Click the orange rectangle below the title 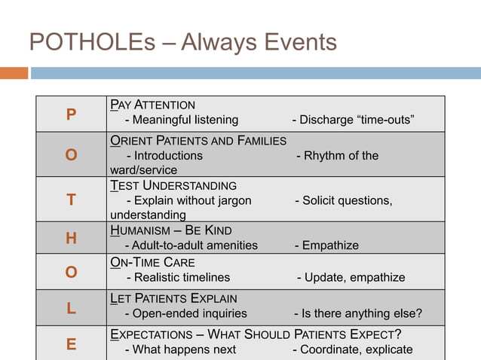pyautogui.click(x=14, y=73)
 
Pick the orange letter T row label pyautogui.click(x=71, y=200)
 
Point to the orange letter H pyautogui.click(x=71, y=239)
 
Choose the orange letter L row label pyautogui.click(x=71, y=307)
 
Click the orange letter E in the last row pyautogui.click(x=71, y=344)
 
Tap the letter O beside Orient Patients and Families pyautogui.click(x=71, y=155)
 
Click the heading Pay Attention pyautogui.click(x=152, y=105)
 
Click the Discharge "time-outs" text pyautogui.click(x=353, y=120)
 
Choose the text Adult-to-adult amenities pyautogui.click(x=191, y=246)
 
